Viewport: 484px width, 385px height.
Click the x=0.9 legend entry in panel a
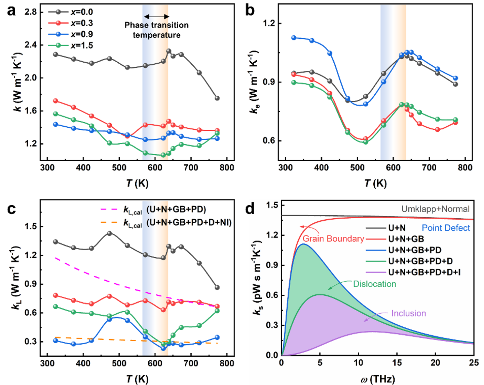click(71, 34)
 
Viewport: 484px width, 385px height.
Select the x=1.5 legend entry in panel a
click(71, 45)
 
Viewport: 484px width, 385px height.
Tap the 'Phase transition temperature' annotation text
click(156, 30)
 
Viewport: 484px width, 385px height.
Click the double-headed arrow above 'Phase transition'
click(156, 17)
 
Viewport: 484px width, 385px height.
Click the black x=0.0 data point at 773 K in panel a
click(217, 98)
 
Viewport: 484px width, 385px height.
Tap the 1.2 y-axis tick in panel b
click(269, 23)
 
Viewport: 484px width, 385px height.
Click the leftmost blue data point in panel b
click(294, 38)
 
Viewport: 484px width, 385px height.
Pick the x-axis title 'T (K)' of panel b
click(375, 183)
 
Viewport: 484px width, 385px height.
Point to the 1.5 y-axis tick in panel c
click(31, 226)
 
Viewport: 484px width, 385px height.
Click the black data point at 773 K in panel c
click(217, 288)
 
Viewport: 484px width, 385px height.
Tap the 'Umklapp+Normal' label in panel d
click(435, 209)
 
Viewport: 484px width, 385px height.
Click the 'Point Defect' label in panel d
click(446, 228)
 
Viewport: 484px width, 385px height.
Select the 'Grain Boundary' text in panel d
click(333, 239)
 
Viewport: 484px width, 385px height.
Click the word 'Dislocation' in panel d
click(374, 284)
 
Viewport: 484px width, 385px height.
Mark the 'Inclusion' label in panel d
click(408, 314)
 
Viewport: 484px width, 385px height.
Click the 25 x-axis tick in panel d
click(474, 363)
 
